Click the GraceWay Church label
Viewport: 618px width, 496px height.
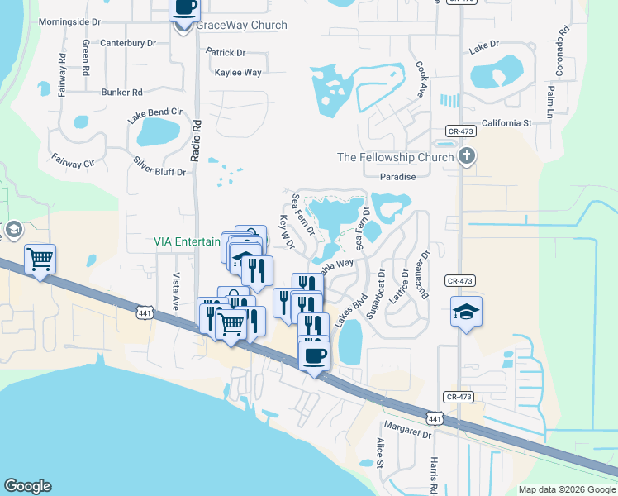241,26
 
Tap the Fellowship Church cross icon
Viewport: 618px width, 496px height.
466,155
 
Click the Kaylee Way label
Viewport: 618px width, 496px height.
238,73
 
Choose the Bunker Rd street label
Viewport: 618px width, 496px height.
122,93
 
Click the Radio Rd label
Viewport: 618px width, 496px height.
197,132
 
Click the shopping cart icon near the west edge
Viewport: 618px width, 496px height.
40,259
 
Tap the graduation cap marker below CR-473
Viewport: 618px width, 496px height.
466,312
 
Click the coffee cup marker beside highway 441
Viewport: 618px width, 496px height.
314,356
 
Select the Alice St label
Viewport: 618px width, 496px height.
381,453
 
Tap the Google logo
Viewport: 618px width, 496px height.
27,486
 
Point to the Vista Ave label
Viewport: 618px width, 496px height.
175,292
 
